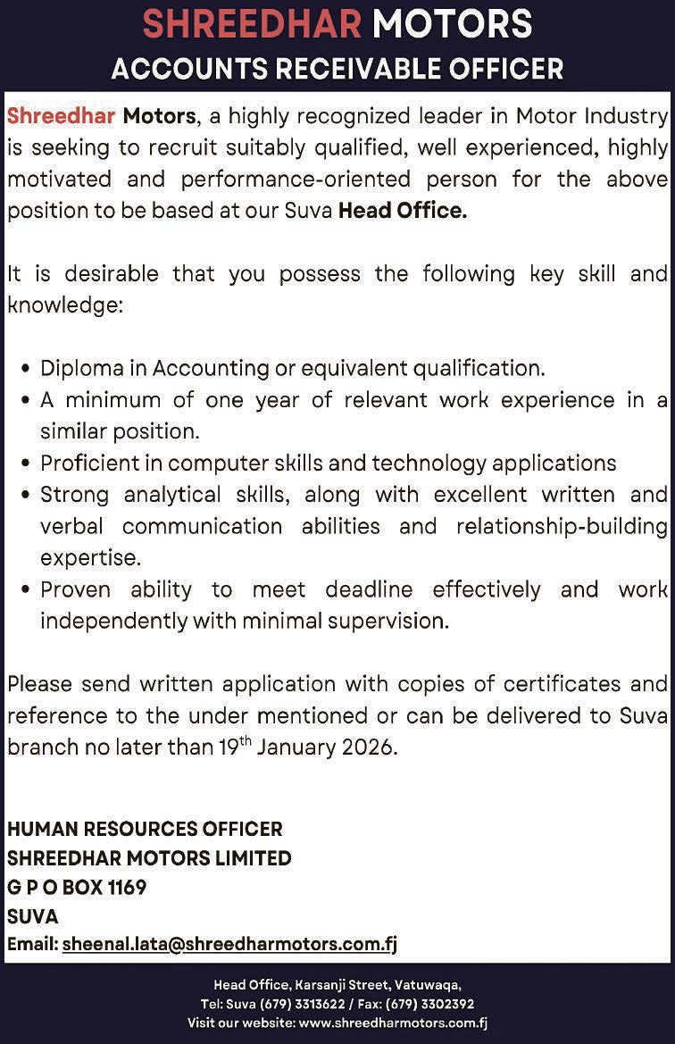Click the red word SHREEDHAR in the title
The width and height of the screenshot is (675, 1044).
(253, 24)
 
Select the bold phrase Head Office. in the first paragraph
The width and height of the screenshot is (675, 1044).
(403, 212)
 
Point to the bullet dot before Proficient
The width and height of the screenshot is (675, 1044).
(26, 464)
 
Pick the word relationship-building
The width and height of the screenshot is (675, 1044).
(562, 526)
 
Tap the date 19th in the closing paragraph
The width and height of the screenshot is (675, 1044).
(237, 747)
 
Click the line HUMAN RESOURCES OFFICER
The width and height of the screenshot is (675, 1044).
(145, 829)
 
